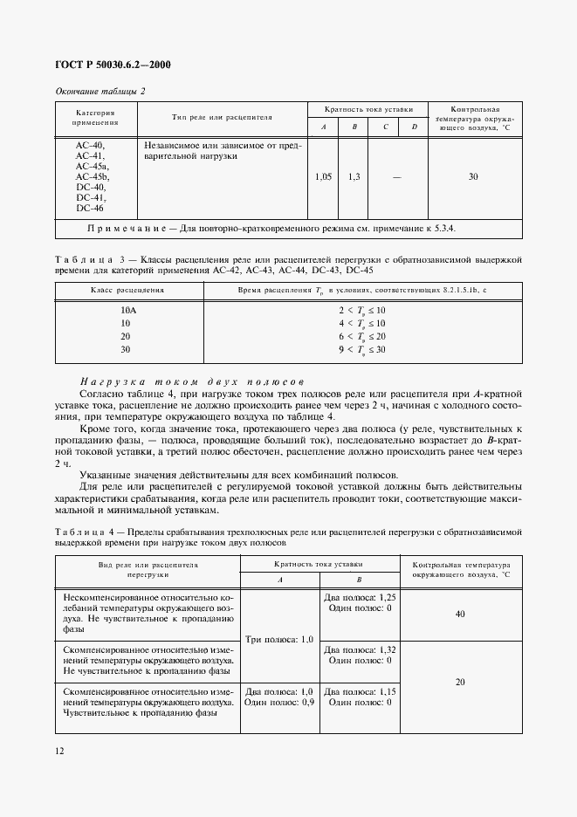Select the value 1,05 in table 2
(x=323, y=176)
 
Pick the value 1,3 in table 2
(x=354, y=176)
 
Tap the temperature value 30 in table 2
(x=472, y=176)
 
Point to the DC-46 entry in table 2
(x=90, y=208)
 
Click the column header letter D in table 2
(x=414, y=127)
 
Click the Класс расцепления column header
(x=128, y=290)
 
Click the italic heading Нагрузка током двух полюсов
(x=191, y=381)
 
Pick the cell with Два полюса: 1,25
(x=360, y=598)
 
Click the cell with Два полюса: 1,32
(x=360, y=650)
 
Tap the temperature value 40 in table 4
(x=460, y=614)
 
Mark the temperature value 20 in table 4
(x=460, y=683)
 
